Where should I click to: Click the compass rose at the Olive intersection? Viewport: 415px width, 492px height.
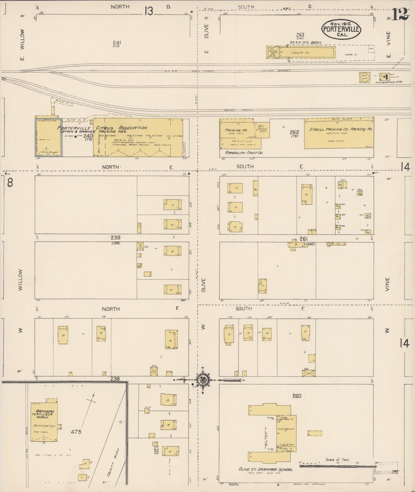(203, 380)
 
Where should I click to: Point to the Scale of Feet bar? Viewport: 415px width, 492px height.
(338, 466)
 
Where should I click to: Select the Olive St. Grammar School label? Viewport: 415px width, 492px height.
(265, 469)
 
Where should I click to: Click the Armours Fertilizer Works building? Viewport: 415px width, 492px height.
(44, 423)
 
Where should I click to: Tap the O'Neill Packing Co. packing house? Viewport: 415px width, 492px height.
(339, 134)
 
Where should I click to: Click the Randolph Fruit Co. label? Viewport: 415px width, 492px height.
(244, 153)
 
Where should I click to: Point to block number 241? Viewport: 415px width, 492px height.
(117, 42)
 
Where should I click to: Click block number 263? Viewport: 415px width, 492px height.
(300, 35)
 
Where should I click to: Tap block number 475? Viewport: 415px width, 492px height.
(76, 431)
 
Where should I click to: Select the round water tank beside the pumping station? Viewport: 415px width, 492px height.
(364, 78)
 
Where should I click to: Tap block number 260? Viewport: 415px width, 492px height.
(297, 396)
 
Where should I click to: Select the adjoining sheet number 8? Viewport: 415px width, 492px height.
(10, 183)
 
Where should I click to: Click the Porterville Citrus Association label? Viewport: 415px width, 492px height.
(102, 128)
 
